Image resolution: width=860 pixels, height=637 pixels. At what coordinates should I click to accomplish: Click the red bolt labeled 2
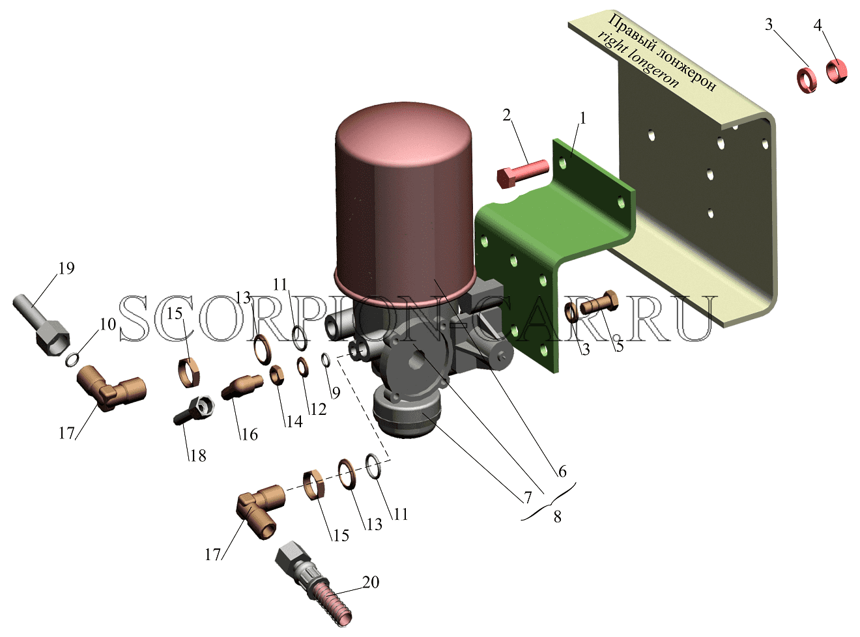point(523,174)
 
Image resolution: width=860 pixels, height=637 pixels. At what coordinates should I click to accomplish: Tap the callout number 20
point(371,582)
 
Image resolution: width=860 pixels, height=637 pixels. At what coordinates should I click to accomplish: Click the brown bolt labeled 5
point(599,302)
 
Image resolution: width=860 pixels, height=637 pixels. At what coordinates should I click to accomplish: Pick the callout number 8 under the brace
point(557,517)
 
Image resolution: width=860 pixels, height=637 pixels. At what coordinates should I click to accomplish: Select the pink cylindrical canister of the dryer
point(404,202)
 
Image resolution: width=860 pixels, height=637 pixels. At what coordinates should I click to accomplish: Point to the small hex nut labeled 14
point(277,375)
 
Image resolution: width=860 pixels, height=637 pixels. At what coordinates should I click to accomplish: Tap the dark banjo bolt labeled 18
point(194,410)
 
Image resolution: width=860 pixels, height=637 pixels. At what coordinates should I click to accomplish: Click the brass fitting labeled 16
point(242,386)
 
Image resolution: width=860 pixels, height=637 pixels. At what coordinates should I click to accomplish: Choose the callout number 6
point(562,472)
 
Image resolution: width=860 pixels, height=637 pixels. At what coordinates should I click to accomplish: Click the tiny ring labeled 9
point(326,360)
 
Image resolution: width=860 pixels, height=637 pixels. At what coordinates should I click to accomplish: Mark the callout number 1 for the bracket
point(582,119)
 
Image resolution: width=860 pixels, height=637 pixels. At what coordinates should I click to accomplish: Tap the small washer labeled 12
point(303,367)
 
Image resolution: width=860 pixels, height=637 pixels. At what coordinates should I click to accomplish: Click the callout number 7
point(527,498)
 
